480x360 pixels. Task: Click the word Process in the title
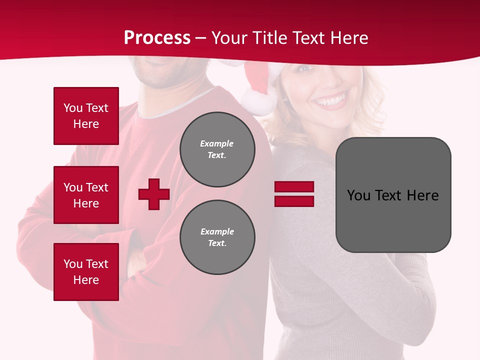pos(157,38)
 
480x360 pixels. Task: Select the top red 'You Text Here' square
pos(86,116)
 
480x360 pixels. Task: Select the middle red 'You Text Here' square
pos(86,195)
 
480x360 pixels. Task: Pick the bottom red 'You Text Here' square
pos(86,272)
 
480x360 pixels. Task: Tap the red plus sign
pos(154,194)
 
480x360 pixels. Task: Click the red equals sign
pos(294,194)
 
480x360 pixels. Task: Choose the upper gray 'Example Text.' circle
pos(217,149)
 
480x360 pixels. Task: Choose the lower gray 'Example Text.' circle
pos(217,237)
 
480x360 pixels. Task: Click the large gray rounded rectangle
pos(393,195)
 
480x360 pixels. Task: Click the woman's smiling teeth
pos(330,101)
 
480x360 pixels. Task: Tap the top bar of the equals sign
pos(294,187)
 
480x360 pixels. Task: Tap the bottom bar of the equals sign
pos(294,201)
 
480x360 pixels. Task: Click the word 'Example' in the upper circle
pos(216,144)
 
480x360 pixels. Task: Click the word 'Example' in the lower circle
pos(217,232)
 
